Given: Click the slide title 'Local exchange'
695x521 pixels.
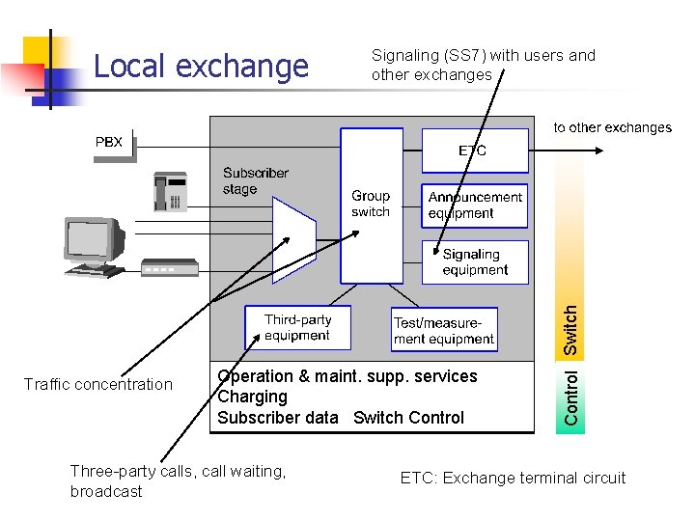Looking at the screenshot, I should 201,67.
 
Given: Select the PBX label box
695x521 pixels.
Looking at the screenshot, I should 111,143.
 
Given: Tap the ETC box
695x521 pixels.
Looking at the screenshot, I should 474,151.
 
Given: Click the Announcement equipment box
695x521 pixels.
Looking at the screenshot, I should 475,206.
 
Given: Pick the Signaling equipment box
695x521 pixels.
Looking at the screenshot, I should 475,261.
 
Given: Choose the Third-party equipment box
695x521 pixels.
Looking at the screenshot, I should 297,328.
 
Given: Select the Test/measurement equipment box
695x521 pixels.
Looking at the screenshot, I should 444,331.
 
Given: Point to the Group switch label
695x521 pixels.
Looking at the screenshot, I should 371,204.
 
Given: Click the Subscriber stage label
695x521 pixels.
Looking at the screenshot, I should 255,180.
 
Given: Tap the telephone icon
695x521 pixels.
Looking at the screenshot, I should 170,192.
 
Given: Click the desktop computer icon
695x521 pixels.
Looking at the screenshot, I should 95,246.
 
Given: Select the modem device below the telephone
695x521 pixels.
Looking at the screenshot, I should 169,267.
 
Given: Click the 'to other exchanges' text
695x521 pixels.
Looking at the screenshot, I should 612,127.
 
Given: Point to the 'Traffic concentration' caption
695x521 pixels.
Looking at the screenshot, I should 97,385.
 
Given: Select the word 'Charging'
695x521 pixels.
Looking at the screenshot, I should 253,397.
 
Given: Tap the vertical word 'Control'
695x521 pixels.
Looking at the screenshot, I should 571,398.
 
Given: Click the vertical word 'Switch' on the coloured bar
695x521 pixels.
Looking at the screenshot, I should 571,329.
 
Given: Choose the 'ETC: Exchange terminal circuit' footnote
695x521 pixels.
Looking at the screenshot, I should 513,478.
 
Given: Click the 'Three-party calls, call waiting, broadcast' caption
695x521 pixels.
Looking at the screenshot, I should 178,480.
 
